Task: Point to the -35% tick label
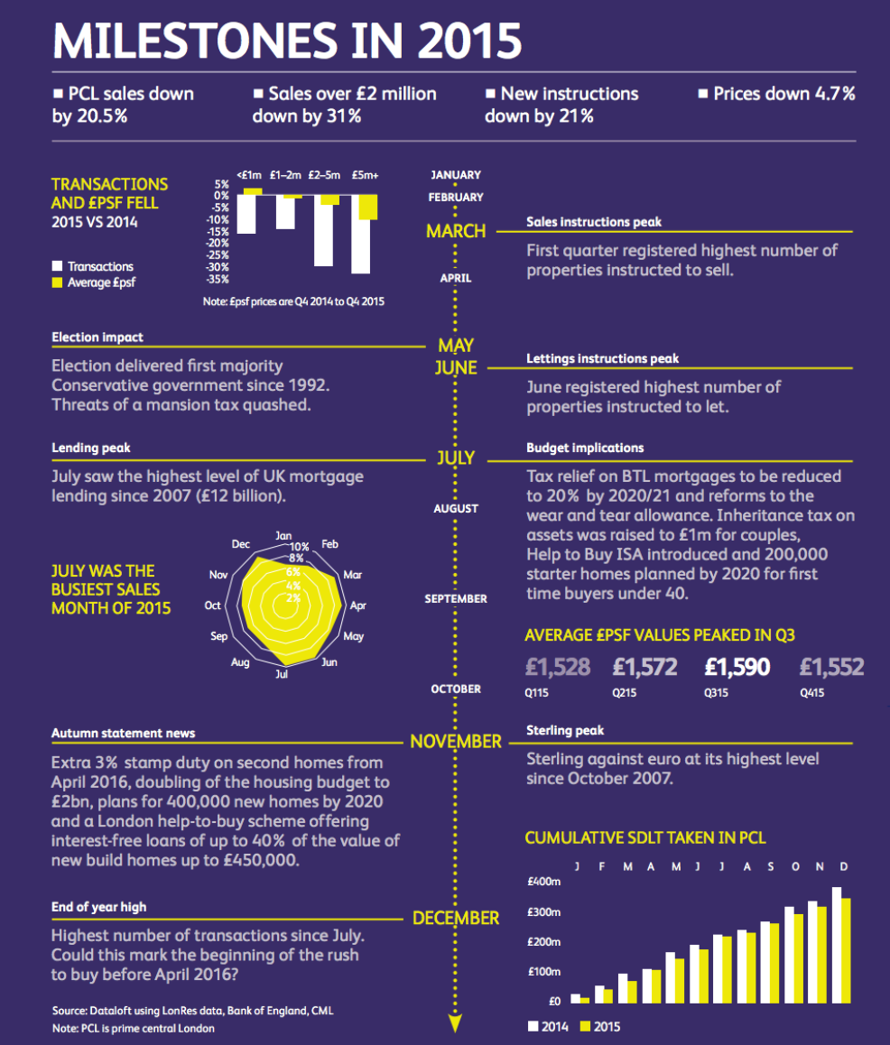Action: tap(218, 279)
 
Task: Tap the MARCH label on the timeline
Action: tap(456, 232)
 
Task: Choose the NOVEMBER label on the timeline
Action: tap(456, 742)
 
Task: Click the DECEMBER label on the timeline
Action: tap(456, 919)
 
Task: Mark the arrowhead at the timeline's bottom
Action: tap(456, 1023)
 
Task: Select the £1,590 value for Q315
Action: tap(737, 668)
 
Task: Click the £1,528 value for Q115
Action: tap(558, 668)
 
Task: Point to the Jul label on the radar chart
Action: tap(283, 674)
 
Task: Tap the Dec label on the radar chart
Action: tap(241, 544)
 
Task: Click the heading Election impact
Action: tap(97, 338)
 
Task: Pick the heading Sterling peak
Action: tap(565, 730)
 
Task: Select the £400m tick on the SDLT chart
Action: tap(543, 881)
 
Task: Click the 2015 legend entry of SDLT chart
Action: tap(598, 1026)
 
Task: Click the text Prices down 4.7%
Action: tap(783, 94)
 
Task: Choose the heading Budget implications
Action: tap(585, 448)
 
